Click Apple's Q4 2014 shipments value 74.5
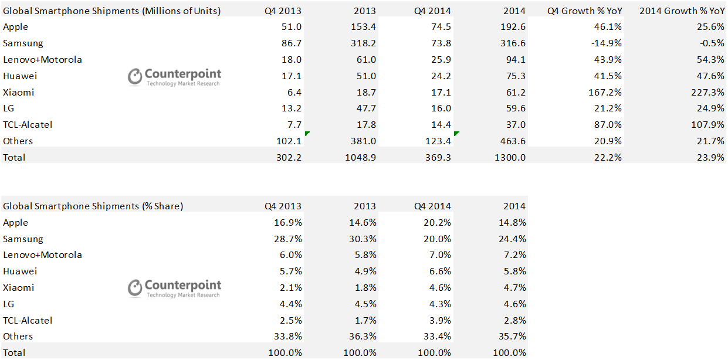pos(441,27)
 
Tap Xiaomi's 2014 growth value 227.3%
pos(707,92)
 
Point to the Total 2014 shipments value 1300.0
pos(512,157)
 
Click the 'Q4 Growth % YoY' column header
pos(584,11)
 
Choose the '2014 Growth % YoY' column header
pos(682,11)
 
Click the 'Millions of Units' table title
pos(112,11)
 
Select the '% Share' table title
pos(93,206)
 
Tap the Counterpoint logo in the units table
pos(175,77)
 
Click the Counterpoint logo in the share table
pos(175,288)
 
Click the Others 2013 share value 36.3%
pos(364,337)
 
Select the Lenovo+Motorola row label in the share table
pos(42,255)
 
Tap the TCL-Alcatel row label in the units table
pos(28,125)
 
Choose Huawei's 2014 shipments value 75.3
pos(514,76)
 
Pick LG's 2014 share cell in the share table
pos(514,304)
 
